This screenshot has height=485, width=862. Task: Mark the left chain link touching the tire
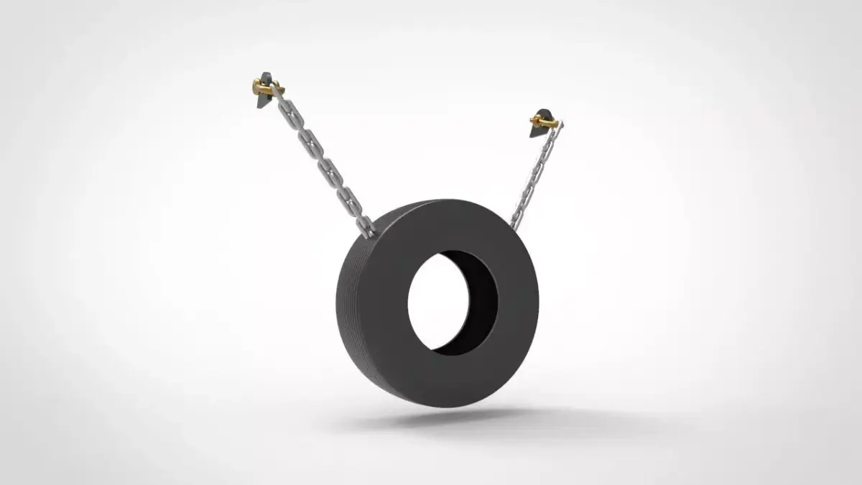367,228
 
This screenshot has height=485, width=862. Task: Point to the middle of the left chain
323,162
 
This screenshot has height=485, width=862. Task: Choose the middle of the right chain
535,176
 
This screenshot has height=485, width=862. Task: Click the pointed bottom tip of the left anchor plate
259,108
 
